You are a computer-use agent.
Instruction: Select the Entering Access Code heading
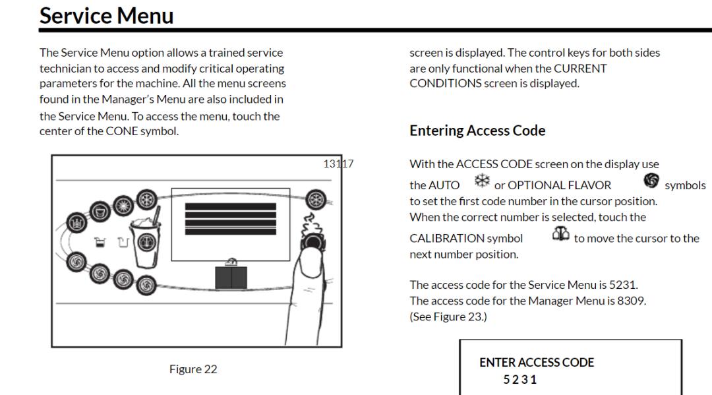tap(477, 131)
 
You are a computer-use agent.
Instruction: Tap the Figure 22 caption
tap(193, 369)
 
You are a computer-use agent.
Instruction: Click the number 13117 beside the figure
tap(338, 164)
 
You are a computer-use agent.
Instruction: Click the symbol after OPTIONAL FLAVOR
tap(651, 181)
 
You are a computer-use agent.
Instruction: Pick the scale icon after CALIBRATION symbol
tap(561, 235)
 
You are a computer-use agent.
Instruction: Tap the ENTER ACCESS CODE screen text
tap(537, 363)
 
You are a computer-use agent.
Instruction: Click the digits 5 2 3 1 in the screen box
tap(520, 380)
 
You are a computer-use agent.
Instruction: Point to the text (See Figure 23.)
tap(448, 317)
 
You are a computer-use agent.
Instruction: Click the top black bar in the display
tap(231, 206)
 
